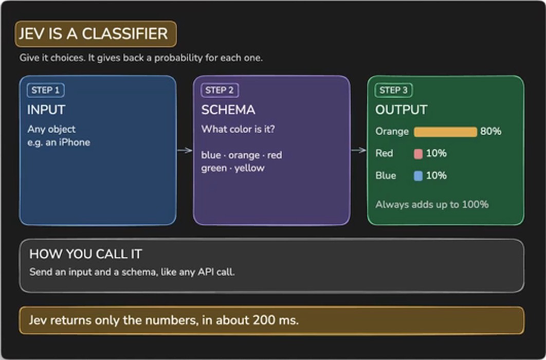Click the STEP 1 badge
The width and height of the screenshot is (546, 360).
point(46,90)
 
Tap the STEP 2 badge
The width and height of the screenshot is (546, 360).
point(220,90)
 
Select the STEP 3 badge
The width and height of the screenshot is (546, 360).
point(393,90)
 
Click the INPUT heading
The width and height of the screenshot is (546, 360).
point(46,110)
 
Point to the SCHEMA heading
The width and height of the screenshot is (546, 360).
point(228,110)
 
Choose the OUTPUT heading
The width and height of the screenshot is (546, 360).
point(401,110)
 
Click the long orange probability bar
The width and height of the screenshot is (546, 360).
point(445,132)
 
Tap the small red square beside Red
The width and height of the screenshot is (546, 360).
point(418,154)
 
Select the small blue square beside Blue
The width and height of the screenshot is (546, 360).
point(418,176)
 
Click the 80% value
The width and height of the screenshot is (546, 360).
point(490,131)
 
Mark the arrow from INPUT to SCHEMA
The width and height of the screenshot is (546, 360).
point(185,150)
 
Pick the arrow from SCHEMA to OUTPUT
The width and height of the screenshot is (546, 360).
point(359,150)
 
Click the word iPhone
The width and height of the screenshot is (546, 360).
point(74,142)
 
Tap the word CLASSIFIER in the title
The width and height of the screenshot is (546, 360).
point(124,34)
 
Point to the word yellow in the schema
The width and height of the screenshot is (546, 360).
point(249,168)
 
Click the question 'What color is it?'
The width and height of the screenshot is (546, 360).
point(238,129)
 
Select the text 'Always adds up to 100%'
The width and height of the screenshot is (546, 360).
point(432,204)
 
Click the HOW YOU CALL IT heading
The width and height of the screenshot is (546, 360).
point(86,254)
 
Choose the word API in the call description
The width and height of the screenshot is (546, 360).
point(206,272)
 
